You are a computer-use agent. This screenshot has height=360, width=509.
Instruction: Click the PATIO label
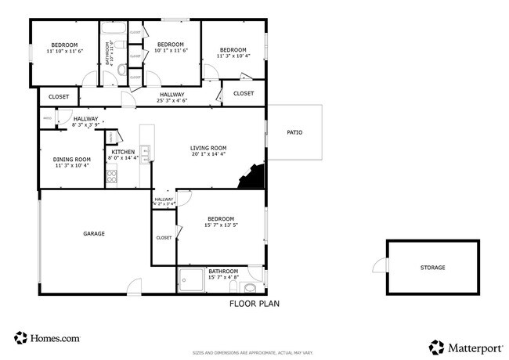294,132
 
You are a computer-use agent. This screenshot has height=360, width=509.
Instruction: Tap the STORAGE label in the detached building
432,268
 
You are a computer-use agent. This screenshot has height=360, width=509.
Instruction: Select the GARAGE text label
94,233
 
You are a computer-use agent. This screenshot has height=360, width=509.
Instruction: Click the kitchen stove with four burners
111,177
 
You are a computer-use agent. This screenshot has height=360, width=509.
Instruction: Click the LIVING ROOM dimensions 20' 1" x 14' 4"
208,154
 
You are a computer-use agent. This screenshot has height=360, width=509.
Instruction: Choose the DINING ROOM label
72,160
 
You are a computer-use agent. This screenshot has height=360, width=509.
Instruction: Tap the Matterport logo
464,346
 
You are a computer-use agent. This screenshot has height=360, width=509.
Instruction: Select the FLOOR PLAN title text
254,304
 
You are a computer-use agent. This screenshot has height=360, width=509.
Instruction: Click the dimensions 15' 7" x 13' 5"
221,226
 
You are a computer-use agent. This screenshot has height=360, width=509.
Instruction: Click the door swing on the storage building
380,266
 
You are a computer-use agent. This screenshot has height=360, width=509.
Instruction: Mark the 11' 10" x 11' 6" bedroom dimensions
64,52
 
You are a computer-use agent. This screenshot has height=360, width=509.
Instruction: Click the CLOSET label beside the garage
164,237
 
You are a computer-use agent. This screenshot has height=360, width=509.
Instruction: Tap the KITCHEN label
123,152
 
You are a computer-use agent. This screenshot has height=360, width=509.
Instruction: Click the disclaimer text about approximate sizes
255,354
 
